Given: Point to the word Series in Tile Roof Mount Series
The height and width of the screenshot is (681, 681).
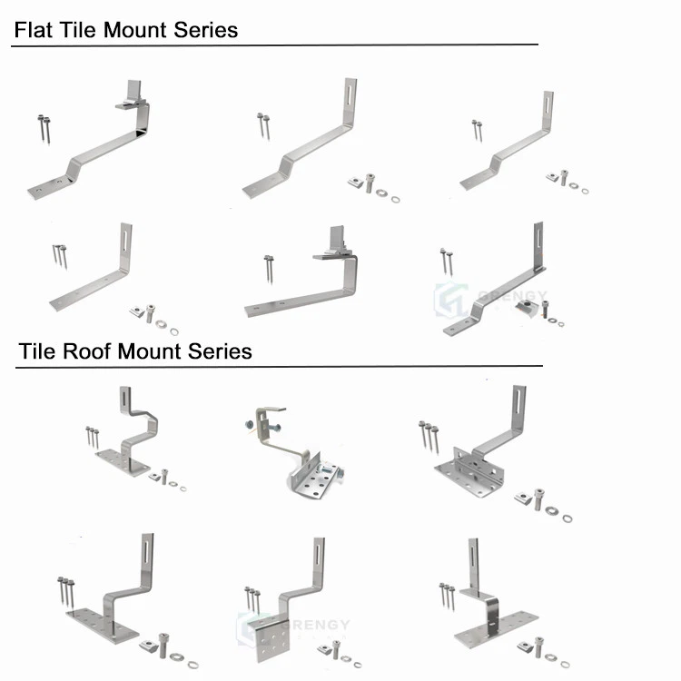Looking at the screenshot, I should [220, 350].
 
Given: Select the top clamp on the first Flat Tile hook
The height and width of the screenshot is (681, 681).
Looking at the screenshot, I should [133, 96].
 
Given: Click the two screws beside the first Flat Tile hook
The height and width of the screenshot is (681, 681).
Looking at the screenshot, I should [44, 127].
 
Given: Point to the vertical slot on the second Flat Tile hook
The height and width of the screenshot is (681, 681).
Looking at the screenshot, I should [350, 97].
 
